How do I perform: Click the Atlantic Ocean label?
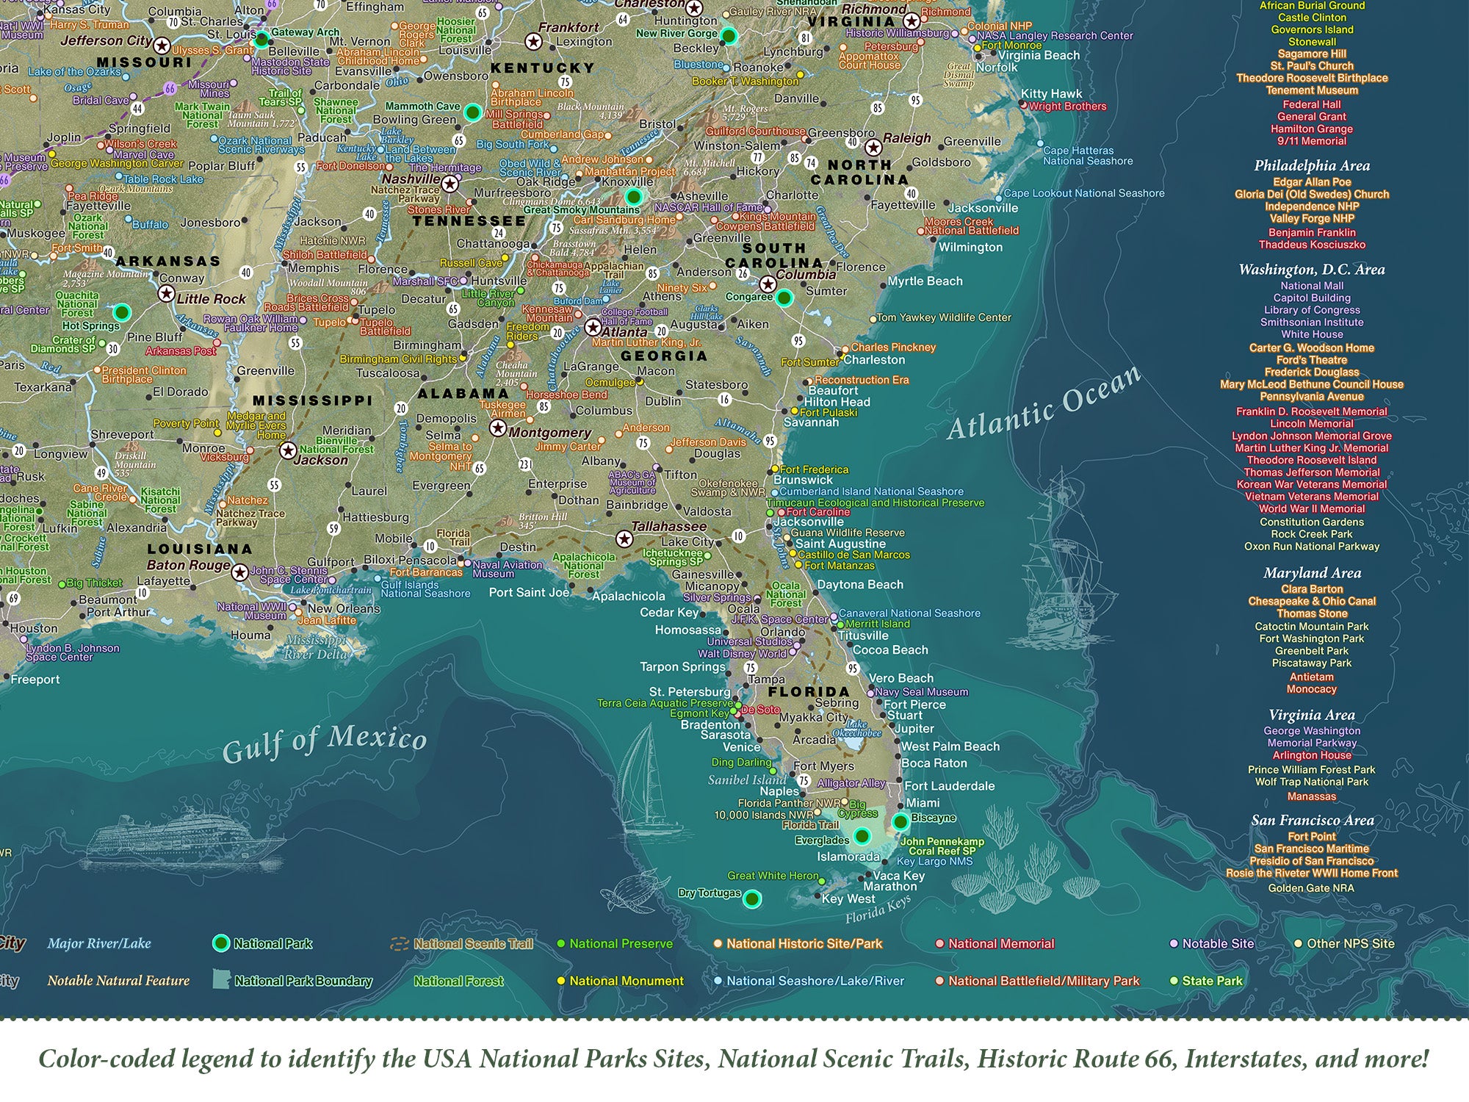1044,403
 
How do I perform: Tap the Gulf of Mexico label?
324,741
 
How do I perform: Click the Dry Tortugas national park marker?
751,898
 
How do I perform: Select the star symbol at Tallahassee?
624,539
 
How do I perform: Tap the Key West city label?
848,898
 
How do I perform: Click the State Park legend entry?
1211,981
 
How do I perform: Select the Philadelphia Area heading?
1312,165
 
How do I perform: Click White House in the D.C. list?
1312,334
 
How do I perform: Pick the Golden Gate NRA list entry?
1311,887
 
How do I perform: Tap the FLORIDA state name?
809,691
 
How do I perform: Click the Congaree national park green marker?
784,298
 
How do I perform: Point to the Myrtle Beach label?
925,281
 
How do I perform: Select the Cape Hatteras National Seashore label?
1088,156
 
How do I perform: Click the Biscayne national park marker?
900,822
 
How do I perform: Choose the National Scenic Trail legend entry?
473,944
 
